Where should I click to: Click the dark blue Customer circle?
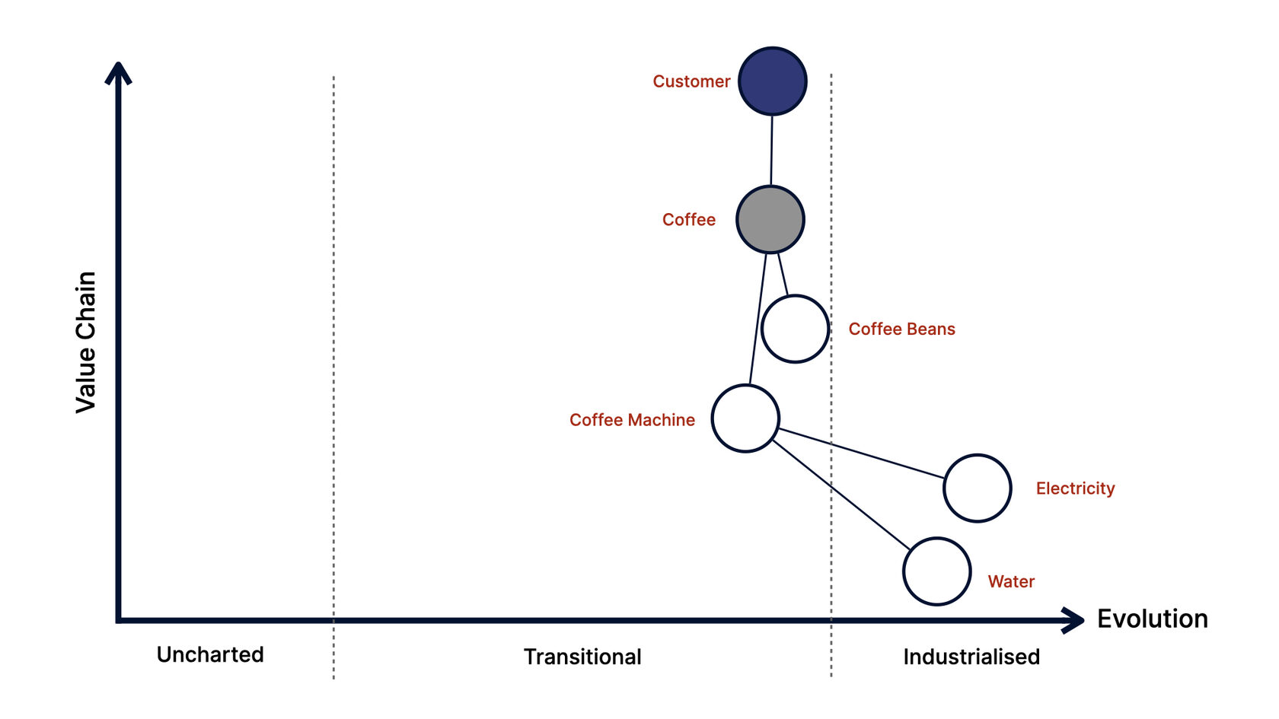coord(773,81)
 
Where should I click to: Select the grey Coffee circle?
coord(770,220)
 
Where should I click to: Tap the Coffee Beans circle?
coord(795,329)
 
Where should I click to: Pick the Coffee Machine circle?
coord(745,418)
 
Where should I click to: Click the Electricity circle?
coord(978,488)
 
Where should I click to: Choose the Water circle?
coord(937,571)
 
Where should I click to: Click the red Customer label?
coord(691,81)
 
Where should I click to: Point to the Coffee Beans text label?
coord(901,329)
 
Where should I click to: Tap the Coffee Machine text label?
coord(632,420)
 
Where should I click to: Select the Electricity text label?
coord(1075,488)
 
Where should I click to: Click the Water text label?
coord(1011,581)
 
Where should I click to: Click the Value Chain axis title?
coord(86,342)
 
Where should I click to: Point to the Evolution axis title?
coord(1152,619)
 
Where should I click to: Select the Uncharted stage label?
coord(210,654)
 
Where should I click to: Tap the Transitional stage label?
coord(582,657)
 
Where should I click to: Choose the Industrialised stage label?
coord(971,657)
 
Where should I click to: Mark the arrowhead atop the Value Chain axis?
coord(118,73)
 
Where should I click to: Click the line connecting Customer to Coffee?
coord(772,151)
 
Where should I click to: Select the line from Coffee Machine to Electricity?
coord(860,453)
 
